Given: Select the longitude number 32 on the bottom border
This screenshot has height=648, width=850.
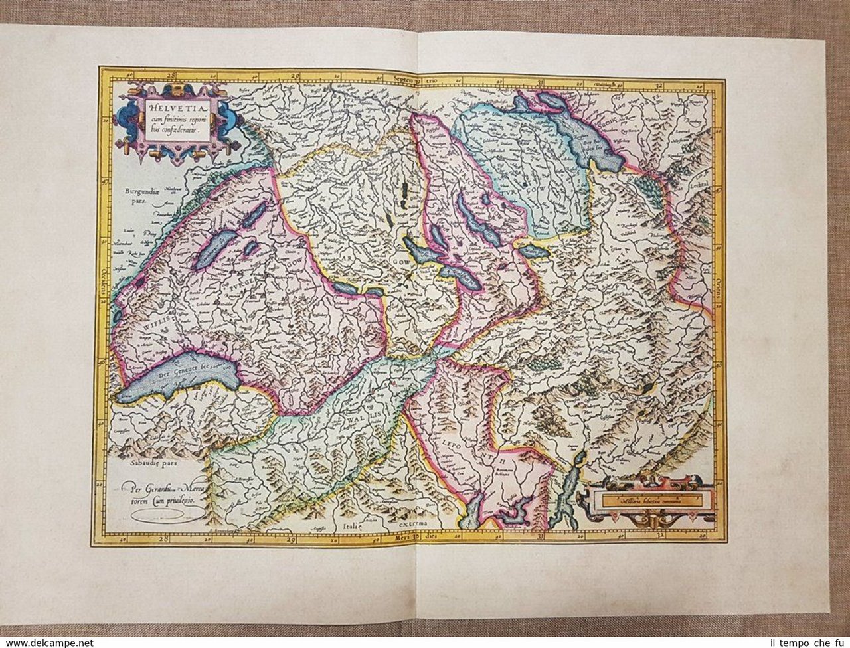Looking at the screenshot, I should coord(661,535).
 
